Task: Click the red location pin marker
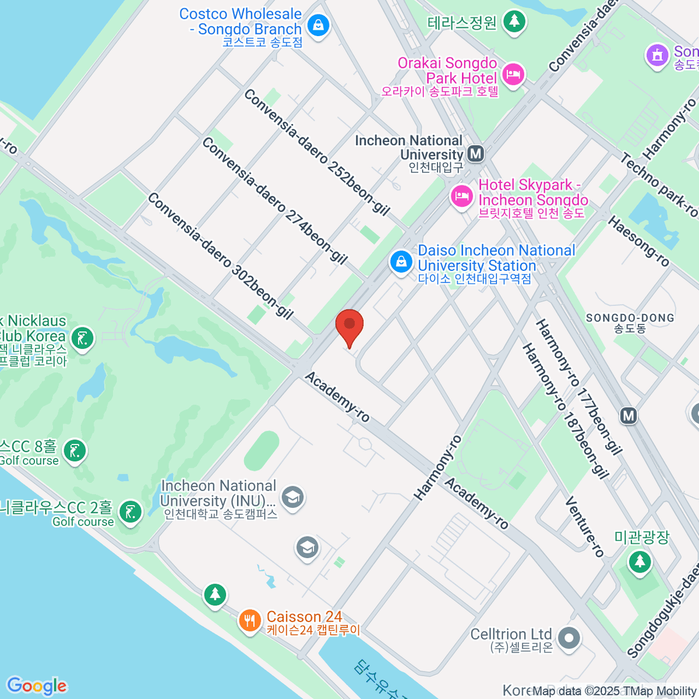pyautogui.click(x=349, y=326)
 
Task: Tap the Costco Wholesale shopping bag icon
pyautogui.click(x=318, y=25)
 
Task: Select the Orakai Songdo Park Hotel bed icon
pyautogui.click(x=513, y=74)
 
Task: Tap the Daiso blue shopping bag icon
pyautogui.click(x=401, y=262)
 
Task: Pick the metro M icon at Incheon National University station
pyautogui.click(x=476, y=154)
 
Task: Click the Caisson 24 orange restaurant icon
pyautogui.click(x=250, y=620)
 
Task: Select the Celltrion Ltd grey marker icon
pyautogui.click(x=569, y=638)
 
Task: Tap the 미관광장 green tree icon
pyautogui.click(x=640, y=562)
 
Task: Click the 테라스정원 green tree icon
pyautogui.click(x=514, y=22)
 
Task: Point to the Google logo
pyautogui.click(x=37, y=686)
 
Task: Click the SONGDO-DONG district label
pyautogui.click(x=630, y=318)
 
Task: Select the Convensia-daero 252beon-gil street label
pyautogui.click(x=317, y=152)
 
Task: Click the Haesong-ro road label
pyautogui.click(x=638, y=241)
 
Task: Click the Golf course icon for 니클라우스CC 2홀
pyautogui.click(x=129, y=513)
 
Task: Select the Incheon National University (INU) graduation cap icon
pyautogui.click(x=292, y=497)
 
